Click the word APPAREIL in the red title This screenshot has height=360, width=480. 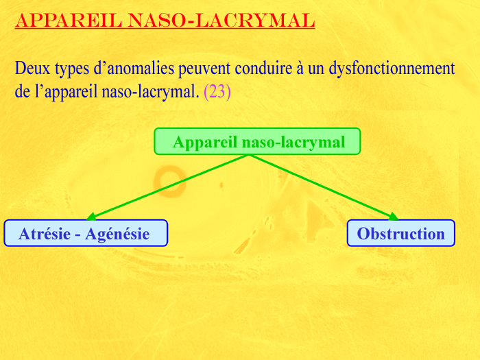point(69,21)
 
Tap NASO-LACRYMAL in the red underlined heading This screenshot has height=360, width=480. point(221,21)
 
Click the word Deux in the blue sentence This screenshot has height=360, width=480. point(32,68)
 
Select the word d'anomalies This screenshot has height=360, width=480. point(134,69)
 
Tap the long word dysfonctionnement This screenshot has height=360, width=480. point(392,69)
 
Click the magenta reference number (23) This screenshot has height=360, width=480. point(217,91)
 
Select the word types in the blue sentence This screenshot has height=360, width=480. point(72,69)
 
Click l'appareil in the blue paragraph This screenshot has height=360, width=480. point(66,92)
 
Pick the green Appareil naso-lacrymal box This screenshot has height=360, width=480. point(257,141)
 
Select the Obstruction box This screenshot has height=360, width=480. point(401,233)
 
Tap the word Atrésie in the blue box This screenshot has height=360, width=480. point(45,234)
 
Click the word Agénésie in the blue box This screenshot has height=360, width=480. point(117,235)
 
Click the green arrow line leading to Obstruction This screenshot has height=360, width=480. point(324,187)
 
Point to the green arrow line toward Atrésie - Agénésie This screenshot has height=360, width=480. point(168,187)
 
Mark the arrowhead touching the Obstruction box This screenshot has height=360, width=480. point(394,217)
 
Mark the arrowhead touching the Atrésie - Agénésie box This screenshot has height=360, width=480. point(92,217)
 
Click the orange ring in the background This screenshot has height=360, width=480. point(169,181)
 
